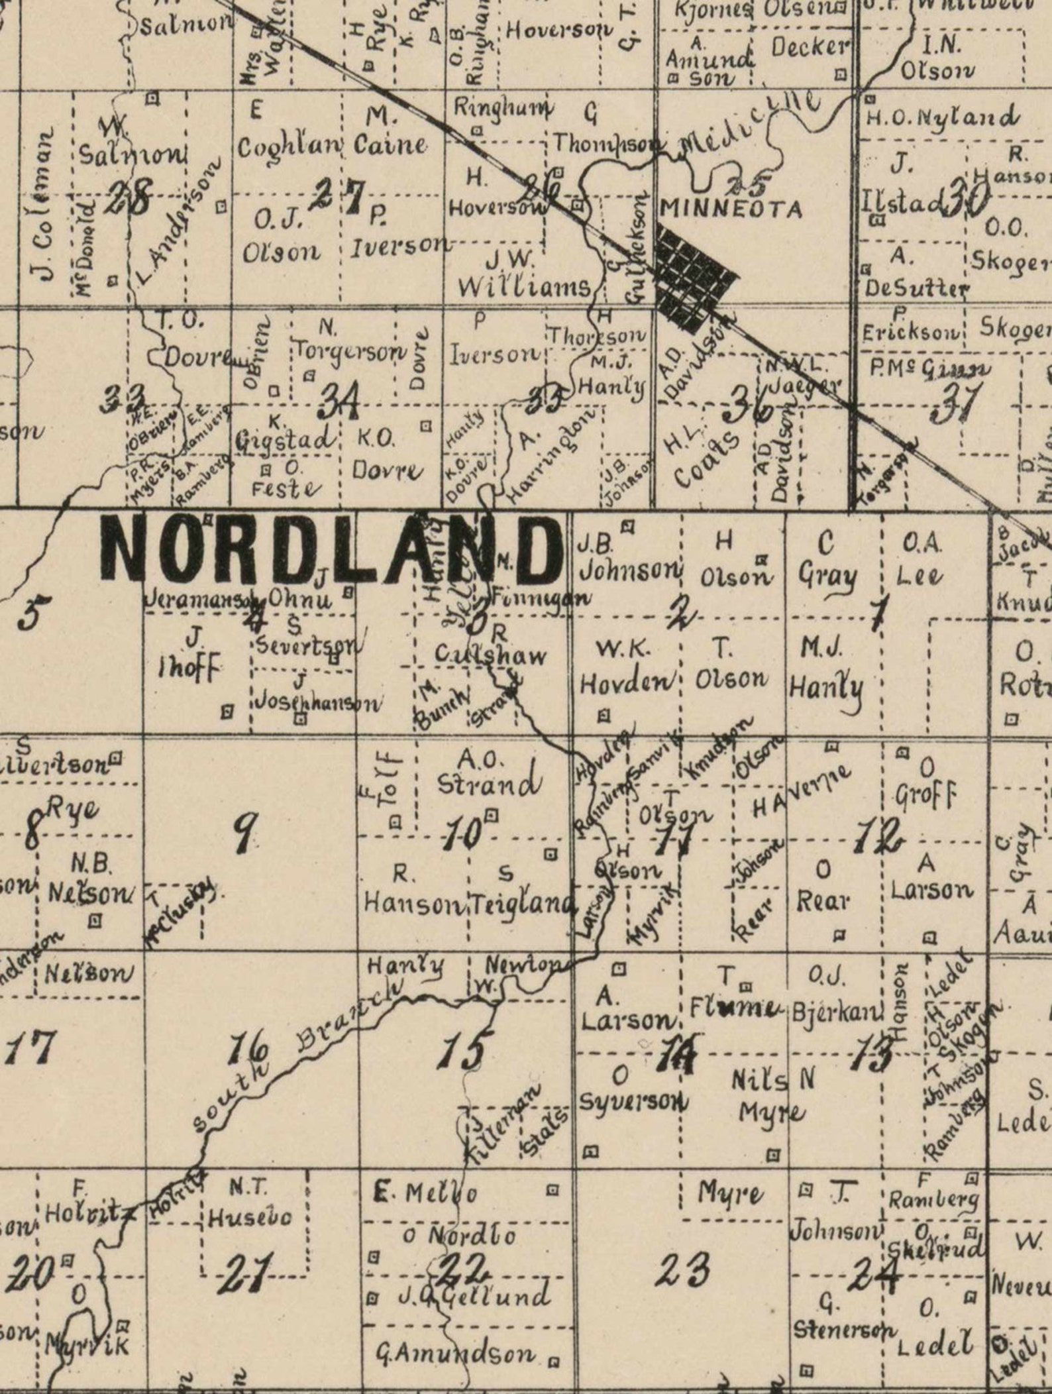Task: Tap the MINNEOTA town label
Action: tap(731, 209)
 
